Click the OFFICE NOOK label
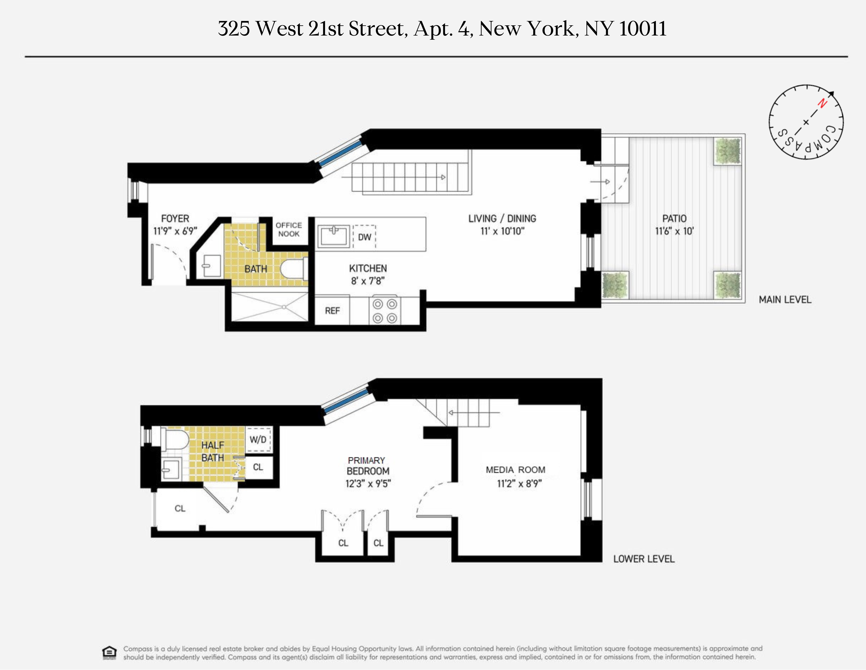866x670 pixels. coord(289,229)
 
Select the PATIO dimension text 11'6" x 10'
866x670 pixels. coord(674,231)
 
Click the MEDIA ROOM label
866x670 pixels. coord(515,470)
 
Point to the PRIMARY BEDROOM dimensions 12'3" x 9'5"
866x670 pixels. coord(368,483)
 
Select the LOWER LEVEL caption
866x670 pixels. coord(644,559)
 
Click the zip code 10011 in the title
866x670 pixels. coord(642,29)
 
